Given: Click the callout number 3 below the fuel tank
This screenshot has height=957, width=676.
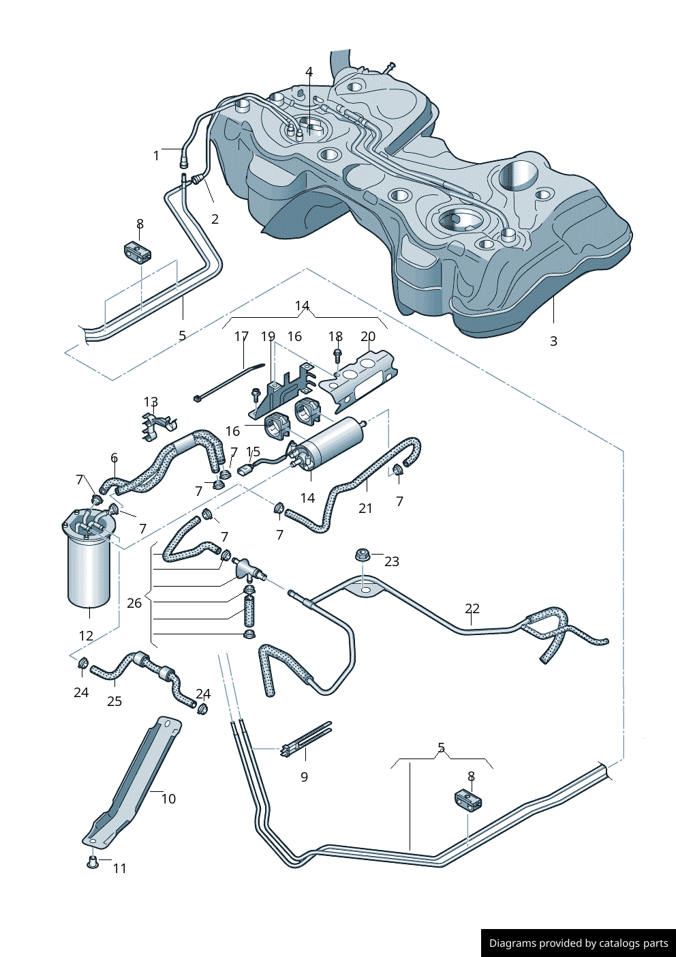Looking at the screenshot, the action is coord(553,341).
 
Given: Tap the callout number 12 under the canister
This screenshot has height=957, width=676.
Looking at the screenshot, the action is coord(86,636).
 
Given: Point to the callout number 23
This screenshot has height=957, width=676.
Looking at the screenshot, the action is coord(391,561).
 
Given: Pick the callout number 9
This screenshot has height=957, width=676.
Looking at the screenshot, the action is coord(305,777).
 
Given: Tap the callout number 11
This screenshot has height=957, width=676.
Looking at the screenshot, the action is coord(120,868).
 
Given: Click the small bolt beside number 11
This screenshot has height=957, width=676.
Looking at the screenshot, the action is coord(92,863).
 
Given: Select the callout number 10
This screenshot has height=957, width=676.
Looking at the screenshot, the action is coord(168,799).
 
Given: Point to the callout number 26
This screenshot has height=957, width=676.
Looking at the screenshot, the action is coord(134,603).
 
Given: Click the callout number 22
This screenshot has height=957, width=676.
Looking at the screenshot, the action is coord(472,608).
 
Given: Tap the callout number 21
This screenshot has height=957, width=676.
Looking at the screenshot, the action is coord(365,508).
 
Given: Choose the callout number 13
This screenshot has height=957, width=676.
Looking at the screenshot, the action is coord(151,402).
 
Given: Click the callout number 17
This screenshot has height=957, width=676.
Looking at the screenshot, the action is coord(241,337).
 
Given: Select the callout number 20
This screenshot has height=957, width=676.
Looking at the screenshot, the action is coord(368,337).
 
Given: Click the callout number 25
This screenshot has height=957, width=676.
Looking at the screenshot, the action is coord(114,701).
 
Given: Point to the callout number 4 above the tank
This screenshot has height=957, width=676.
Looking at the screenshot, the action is coord(309,72).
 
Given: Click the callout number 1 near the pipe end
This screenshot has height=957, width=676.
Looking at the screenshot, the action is coord(156,156).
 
